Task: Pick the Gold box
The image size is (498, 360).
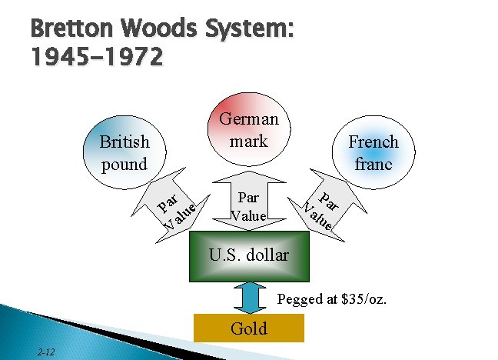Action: point(249,328)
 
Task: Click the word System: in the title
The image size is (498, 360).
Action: point(253,33)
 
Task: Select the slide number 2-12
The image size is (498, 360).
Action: point(45,352)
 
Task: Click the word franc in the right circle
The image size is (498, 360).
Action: point(373,164)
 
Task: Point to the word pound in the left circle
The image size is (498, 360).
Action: point(124,164)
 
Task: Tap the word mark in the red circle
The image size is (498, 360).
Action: point(249,142)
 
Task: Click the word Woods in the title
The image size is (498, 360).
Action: point(161,33)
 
